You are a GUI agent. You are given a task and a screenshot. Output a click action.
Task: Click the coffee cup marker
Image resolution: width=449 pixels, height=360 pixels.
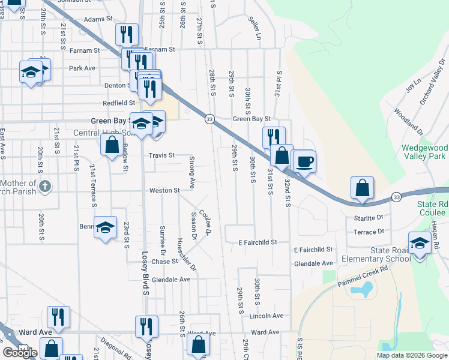(304, 161)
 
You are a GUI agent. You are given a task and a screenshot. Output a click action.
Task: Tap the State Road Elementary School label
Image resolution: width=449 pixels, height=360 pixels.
(375, 254)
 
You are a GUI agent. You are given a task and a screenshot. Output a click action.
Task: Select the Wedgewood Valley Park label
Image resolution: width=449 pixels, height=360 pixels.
(424, 152)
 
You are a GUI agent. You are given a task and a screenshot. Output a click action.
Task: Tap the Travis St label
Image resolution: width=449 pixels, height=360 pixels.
(161, 155)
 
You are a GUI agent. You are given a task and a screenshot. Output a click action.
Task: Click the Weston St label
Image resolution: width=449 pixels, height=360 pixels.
(164, 191)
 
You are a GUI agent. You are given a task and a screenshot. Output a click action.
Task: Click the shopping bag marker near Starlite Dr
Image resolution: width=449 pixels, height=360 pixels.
(363, 188)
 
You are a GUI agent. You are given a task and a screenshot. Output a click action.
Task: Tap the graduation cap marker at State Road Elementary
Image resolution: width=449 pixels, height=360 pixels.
(420, 242)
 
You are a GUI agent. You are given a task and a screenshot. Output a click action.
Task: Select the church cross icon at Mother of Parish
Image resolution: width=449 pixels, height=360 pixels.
(44, 186)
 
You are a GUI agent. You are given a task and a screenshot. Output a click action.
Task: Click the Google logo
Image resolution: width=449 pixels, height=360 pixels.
(20, 353)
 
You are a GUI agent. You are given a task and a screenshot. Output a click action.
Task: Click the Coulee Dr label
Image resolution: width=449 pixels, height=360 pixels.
(206, 222)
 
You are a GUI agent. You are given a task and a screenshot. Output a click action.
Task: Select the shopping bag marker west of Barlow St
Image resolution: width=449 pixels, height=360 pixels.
(112, 145)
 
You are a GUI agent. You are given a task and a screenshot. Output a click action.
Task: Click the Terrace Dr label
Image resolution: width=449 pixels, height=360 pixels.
(369, 232)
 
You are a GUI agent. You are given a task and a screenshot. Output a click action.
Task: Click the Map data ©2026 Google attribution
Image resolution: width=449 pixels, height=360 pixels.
(412, 355)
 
